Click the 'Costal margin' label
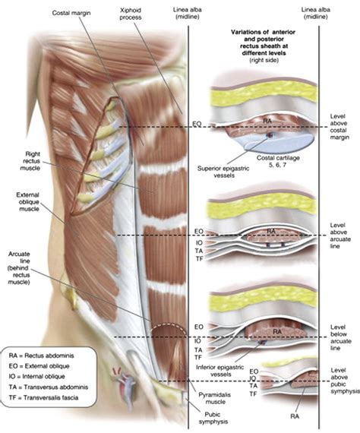click(73, 14)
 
